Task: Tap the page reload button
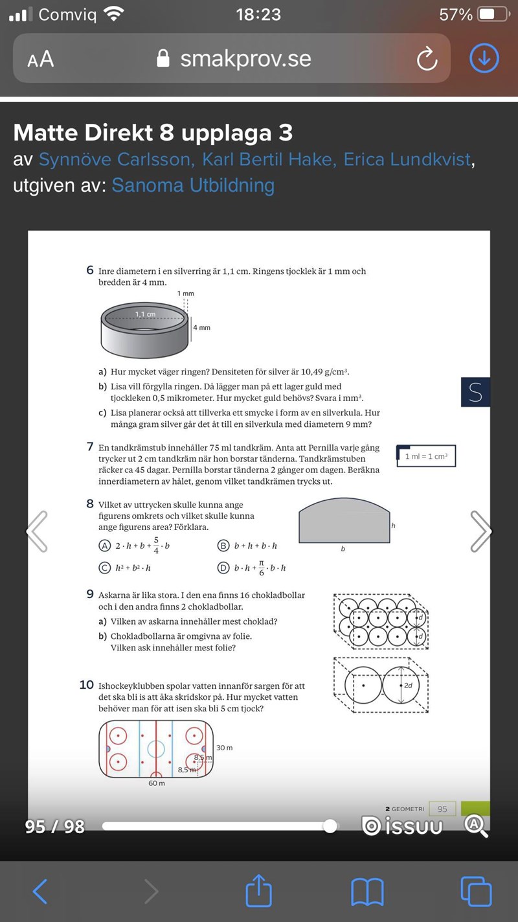[427, 60]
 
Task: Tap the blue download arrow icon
[484, 58]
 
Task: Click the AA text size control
[40, 60]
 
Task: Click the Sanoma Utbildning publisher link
[193, 185]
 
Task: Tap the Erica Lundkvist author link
[407, 159]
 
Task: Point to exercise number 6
[90, 270]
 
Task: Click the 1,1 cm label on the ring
[146, 314]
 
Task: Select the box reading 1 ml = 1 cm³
[426, 456]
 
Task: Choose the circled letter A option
[104, 546]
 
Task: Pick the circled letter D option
[223, 568]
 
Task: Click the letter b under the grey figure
[343, 549]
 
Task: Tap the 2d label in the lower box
[408, 685]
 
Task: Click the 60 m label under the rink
[157, 783]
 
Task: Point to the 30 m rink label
[224, 748]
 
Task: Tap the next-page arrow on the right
[480, 531]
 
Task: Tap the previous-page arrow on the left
[37, 531]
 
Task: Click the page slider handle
[330, 825]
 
